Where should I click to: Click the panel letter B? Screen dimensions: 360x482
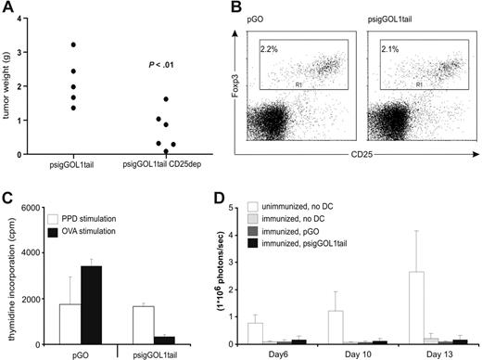(242, 9)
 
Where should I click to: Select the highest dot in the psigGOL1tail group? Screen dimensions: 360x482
(72, 45)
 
